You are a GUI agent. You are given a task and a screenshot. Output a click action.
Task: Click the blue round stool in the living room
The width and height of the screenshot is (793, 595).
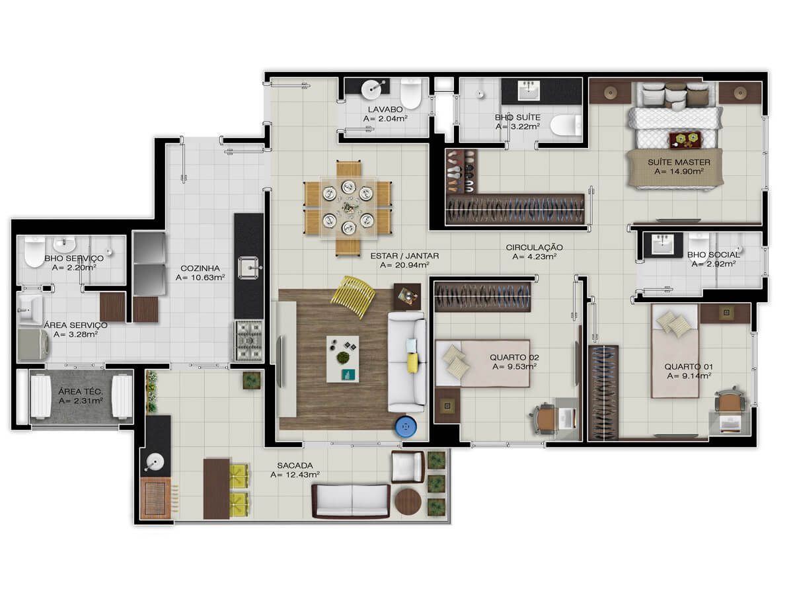(x=406, y=427)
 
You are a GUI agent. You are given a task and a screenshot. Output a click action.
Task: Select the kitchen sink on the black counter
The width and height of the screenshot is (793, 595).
(x=248, y=268)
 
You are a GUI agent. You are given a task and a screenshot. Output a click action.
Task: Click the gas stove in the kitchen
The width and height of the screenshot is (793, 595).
(x=248, y=340)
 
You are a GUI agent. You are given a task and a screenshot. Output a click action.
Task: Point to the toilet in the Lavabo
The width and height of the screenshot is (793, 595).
(x=411, y=93)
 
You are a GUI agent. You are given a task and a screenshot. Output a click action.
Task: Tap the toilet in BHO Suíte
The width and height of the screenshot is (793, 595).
(x=566, y=125)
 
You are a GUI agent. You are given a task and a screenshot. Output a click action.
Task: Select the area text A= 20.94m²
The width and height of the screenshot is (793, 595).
(x=404, y=265)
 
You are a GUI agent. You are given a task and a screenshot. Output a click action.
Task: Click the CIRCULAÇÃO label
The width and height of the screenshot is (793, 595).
(x=535, y=247)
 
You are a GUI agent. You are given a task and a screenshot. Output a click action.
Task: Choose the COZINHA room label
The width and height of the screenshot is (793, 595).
(x=200, y=268)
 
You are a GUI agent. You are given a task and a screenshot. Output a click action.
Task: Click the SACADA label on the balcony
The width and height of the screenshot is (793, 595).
(x=295, y=465)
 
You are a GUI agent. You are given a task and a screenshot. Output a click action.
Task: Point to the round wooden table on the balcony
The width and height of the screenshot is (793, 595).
(x=408, y=502)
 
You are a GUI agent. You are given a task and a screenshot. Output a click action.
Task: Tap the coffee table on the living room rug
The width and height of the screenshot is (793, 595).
(x=342, y=359)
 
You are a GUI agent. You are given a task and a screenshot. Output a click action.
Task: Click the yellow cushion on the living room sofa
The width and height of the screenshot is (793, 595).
(x=413, y=363)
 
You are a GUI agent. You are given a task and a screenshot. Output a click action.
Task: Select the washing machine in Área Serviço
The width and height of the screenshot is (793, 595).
(x=33, y=344)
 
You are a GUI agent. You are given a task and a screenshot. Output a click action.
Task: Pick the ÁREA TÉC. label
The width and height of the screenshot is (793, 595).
(x=81, y=391)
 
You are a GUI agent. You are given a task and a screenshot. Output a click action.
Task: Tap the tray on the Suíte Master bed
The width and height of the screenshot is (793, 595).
(x=685, y=139)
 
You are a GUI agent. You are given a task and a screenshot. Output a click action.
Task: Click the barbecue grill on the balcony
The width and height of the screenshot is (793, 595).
(x=155, y=498)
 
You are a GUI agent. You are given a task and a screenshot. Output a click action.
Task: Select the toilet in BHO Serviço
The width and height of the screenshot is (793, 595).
(x=34, y=251)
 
